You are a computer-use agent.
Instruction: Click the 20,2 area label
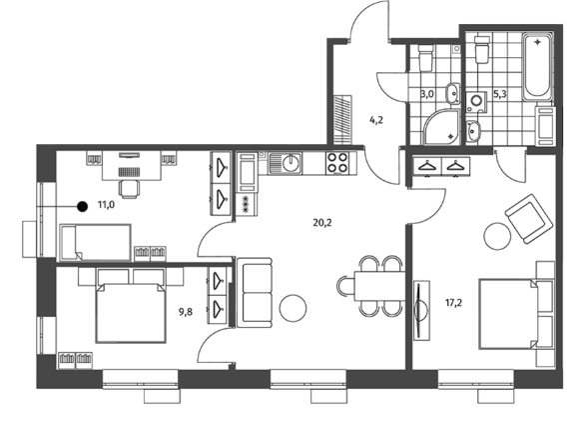tap(322, 223)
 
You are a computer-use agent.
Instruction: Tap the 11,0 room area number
tap(106, 204)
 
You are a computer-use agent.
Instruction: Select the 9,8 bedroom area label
tap(186, 312)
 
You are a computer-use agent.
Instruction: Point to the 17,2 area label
tap(453, 303)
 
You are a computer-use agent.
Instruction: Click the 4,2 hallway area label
tap(376, 120)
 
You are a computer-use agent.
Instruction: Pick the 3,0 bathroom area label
tap(427, 93)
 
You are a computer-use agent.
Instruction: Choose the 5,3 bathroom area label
tap(500, 93)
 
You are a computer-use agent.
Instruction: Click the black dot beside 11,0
tap(82, 206)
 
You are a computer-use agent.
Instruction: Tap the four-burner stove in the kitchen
tap(336, 163)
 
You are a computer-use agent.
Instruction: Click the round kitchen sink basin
tap(291, 163)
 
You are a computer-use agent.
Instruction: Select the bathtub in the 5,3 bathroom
tap(537, 67)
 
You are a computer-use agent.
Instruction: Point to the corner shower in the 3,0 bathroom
tap(441, 127)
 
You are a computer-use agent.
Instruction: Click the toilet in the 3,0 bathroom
tap(425, 57)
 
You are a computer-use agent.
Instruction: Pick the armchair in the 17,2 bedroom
tap(528, 219)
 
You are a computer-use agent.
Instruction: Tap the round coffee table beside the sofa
tap(292, 308)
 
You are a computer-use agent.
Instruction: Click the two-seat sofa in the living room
tap(255, 293)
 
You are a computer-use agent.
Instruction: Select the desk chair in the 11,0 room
tap(130, 188)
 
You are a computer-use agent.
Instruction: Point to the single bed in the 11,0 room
tap(95, 242)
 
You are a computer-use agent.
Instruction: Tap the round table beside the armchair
tap(497, 236)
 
